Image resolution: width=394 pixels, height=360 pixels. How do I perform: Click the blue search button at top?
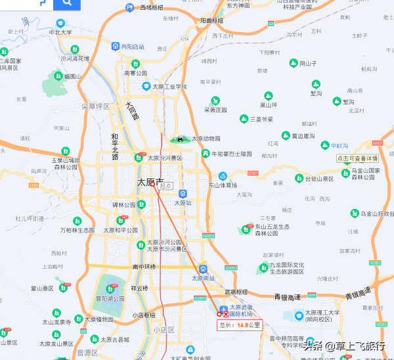coord(68,3)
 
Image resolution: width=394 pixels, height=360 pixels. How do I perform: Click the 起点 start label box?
coord(166,186)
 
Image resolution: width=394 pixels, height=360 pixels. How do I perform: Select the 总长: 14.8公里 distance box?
coord(240,325)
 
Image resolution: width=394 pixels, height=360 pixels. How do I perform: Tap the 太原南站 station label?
coord(203,278)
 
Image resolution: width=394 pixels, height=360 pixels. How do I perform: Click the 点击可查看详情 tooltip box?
coord(357,158)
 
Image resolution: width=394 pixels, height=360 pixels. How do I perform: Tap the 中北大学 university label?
coord(60,32)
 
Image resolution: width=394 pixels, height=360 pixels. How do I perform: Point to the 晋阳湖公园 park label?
coord(110,298)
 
